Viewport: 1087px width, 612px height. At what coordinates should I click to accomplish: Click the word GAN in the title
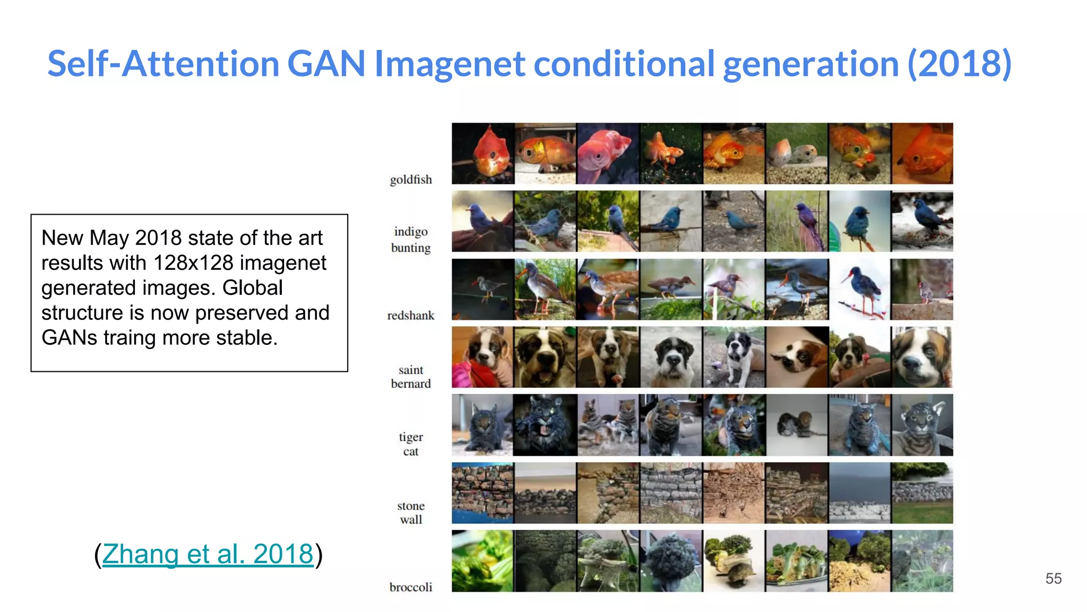coord(326,64)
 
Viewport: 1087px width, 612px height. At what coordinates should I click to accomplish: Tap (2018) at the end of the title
coord(959,64)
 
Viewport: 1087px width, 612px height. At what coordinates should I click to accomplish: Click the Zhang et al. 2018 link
coord(208,554)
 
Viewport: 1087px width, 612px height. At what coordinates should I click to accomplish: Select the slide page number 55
coord(1053,579)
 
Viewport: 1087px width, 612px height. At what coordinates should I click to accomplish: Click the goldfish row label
coord(411,180)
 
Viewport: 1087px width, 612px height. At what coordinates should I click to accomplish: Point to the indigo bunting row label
coord(411,240)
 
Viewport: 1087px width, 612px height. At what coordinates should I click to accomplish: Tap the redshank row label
coord(411,316)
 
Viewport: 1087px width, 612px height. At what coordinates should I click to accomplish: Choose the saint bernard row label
coord(411,377)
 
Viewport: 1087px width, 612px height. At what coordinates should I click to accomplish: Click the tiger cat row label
coord(411,444)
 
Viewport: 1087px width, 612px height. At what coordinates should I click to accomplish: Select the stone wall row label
coord(411,513)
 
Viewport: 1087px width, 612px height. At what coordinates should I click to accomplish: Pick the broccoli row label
coord(411,587)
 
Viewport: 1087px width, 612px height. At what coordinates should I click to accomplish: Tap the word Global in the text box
coord(252,288)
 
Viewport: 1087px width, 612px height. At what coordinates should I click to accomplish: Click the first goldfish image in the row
coord(482,154)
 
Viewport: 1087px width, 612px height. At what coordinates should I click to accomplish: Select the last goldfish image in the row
coord(922,154)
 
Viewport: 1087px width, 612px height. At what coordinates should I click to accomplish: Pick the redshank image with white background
coord(859,290)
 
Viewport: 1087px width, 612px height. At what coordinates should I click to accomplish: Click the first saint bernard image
coord(482,357)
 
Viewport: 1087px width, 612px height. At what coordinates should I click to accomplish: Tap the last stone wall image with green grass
coord(922,493)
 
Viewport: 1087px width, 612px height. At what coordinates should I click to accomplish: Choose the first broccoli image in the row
coord(482,561)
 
